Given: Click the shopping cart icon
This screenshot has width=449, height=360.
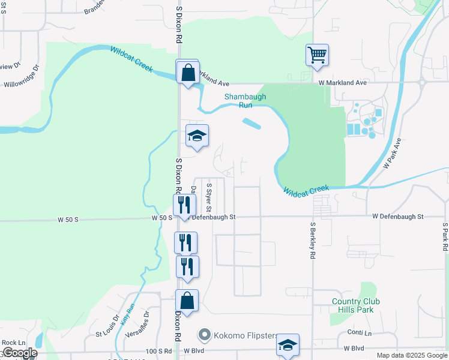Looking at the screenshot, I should (x=316, y=55).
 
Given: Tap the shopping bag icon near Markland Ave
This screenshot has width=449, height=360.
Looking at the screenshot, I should (x=187, y=73).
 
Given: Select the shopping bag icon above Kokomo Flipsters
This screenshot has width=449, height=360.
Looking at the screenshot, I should (x=187, y=302).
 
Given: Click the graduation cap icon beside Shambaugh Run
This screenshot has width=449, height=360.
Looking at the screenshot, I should (x=196, y=136).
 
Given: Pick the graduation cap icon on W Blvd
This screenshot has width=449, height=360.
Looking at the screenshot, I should (x=288, y=346).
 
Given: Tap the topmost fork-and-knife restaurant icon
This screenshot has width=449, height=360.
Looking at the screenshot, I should (x=184, y=206).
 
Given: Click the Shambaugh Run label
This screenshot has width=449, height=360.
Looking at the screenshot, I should (x=238, y=100).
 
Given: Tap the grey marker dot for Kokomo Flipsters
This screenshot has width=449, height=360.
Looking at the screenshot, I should (x=205, y=335).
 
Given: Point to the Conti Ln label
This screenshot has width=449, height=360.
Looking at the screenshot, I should (x=360, y=332).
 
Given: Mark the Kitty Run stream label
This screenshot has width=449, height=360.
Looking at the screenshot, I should (x=127, y=314).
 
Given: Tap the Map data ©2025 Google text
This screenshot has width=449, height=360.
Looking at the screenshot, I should (x=412, y=355).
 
